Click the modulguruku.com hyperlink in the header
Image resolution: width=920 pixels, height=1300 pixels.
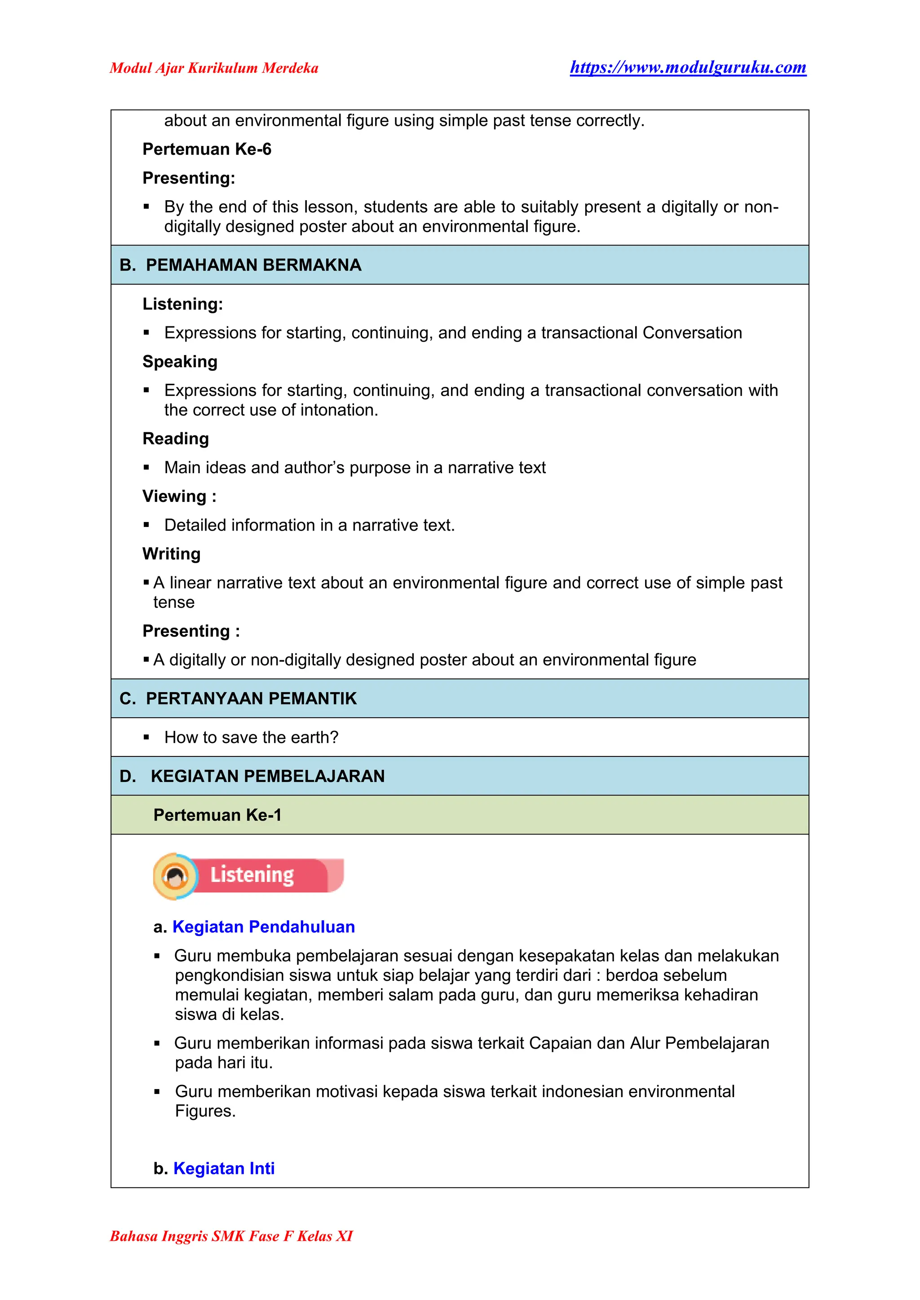point(688,67)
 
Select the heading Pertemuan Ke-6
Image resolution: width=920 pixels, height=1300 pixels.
point(207,149)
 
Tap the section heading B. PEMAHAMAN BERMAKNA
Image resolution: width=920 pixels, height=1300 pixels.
point(241,265)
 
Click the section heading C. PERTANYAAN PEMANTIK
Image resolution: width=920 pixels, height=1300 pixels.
point(239,698)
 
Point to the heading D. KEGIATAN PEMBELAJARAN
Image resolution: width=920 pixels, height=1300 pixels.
point(252,776)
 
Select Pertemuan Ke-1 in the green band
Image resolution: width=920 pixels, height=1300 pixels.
point(217,815)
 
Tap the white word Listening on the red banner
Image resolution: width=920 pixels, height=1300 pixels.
point(252,875)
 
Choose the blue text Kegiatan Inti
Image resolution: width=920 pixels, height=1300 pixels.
point(224,1168)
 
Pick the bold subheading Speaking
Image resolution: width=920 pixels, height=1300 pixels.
point(180,361)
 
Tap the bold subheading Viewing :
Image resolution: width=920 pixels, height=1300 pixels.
point(179,496)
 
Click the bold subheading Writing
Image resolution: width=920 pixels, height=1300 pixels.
point(171,554)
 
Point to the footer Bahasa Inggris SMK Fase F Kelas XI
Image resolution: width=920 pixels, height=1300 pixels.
point(231,1236)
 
